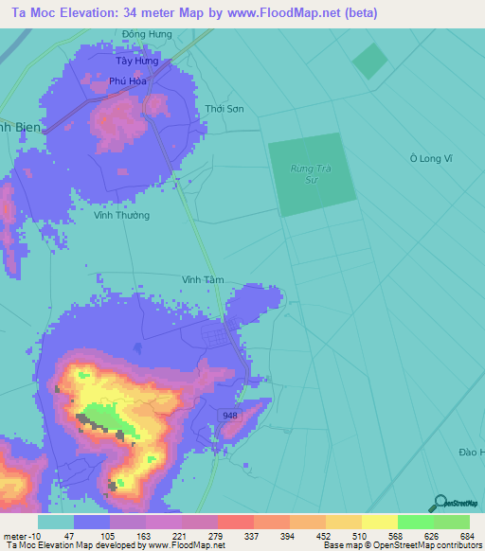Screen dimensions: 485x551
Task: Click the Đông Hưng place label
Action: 147,34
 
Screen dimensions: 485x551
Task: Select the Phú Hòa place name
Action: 126,80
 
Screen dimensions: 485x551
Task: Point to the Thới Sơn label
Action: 225,109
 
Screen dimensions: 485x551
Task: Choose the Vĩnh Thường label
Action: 121,215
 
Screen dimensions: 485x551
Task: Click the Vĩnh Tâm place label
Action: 203,279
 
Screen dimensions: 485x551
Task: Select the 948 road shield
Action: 229,416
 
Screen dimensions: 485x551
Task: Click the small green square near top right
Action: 370,61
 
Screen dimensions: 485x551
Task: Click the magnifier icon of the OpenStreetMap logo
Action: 437,504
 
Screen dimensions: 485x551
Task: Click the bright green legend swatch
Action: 415,521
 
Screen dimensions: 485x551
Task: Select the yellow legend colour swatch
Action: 379,521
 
